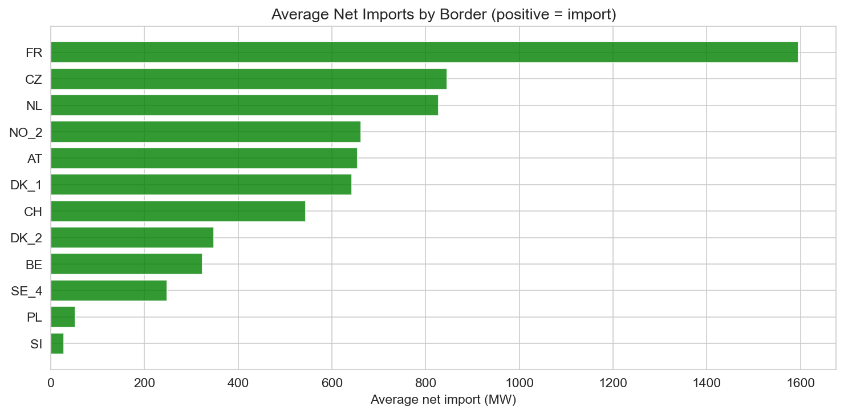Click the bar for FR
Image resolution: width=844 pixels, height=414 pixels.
tap(424, 52)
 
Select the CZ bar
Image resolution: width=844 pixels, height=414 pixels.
tap(249, 79)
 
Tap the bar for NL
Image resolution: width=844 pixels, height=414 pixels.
tap(244, 105)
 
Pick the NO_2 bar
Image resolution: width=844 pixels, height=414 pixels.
tap(205, 132)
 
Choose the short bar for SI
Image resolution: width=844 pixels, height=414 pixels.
tap(57, 343)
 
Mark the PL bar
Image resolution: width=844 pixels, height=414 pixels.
tap(63, 317)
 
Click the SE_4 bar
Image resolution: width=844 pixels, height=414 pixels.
tap(108, 290)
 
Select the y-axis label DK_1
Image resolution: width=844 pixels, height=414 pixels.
tap(26, 185)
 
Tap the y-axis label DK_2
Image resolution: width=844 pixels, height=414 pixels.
tap(26, 238)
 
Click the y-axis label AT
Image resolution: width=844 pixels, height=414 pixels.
tap(35, 159)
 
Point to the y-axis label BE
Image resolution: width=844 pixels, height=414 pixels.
tap(34, 264)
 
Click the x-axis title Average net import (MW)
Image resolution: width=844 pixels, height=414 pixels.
tap(443, 400)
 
